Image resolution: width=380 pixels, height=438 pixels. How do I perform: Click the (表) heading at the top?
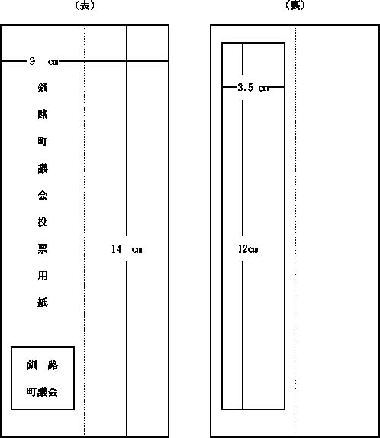pos(85,5)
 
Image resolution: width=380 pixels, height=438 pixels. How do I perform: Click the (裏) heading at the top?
pos(295,5)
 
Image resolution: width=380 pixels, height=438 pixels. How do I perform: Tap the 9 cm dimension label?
pos(44,61)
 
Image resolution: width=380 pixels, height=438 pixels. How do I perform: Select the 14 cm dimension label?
pos(127,249)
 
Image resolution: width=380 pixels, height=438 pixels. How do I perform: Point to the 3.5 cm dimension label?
pos(253,88)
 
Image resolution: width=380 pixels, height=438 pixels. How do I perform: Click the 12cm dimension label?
pos(248,249)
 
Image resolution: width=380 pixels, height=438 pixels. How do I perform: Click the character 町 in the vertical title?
pos(43,141)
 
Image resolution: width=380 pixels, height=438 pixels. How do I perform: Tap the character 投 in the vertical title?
pos(43,222)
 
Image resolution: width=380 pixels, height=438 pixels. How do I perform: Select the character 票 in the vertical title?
pos(43,248)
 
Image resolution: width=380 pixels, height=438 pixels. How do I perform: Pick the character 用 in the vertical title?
pos(43,275)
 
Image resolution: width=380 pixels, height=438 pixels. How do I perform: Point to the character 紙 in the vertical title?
pos(43,302)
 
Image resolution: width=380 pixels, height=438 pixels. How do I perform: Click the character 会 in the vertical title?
pos(43,195)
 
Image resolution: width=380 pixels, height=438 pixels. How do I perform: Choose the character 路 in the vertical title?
pos(43,115)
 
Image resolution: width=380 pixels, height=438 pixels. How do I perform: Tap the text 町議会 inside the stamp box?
pos(43,391)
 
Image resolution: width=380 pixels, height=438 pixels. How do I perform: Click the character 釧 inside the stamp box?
pos(32,365)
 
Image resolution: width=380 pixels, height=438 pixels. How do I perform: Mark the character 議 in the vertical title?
pos(43,168)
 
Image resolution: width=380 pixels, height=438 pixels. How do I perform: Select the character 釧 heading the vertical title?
pos(43,88)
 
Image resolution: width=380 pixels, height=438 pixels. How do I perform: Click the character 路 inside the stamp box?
pos(53,365)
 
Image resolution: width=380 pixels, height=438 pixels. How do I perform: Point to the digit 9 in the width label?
pos(32,61)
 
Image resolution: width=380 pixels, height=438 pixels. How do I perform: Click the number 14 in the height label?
pos(116,249)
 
